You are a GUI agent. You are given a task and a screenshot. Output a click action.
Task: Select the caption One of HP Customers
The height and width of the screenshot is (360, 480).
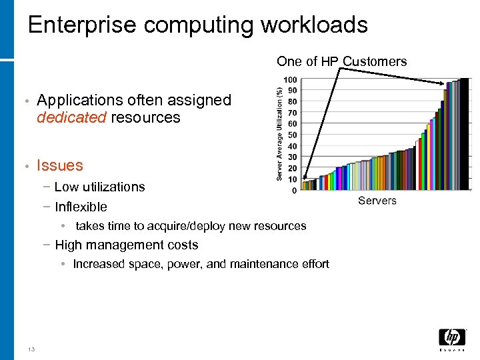(x=341, y=61)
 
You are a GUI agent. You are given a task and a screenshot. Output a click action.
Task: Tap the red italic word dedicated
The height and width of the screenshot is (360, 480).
(x=71, y=118)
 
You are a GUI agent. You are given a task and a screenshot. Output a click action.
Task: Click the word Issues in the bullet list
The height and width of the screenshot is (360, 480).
(x=60, y=165)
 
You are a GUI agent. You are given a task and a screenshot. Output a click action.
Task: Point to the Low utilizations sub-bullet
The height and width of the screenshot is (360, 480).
(x=99, y=187)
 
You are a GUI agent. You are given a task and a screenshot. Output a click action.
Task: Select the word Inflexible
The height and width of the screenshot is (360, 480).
(x=81, y=207)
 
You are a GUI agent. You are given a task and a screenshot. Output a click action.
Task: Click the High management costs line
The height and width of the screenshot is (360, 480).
(x=127, y=245)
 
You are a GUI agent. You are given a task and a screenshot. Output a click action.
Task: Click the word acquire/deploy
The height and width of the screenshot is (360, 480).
(x=180, y=226)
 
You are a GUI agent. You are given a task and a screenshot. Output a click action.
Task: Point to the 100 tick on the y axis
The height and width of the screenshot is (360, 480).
(x=291, y=80)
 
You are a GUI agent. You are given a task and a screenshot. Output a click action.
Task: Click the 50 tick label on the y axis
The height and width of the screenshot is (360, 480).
(x=293, y=135)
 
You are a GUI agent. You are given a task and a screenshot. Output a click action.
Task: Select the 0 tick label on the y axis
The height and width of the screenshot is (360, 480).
(x=295, y=191)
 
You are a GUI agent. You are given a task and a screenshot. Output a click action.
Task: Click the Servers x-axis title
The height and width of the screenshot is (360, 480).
(x=377, y=201)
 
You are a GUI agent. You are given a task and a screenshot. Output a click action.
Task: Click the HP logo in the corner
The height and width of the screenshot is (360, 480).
(x=452, y=339)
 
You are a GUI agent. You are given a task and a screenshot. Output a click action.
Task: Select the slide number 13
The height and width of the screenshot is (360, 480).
(x=31, y=349)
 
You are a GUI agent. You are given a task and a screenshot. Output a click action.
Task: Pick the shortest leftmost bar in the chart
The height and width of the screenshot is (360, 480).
(x=305, y=186)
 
